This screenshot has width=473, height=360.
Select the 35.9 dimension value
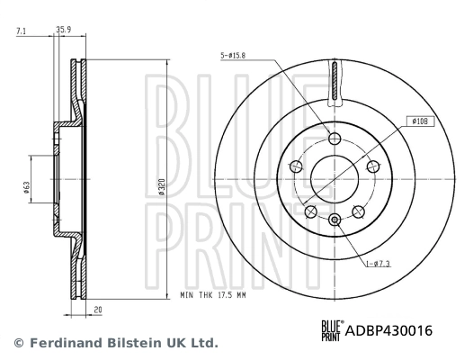point(64,31)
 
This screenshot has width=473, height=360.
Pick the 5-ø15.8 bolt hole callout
point(232,55)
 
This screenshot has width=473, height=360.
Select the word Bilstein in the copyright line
point(137,343)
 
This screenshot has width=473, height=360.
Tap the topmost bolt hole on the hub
point(335,139)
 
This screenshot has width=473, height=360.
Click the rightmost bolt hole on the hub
point(372,166)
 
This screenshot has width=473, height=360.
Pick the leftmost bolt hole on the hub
point(296,166)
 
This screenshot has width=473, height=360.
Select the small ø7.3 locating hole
point(335,220)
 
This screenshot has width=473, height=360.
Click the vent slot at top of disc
point(335,83)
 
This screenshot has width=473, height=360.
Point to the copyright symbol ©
point(16,343)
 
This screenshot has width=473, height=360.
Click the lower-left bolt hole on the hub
point(311,211)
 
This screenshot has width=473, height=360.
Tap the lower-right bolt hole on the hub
point(358,211)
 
